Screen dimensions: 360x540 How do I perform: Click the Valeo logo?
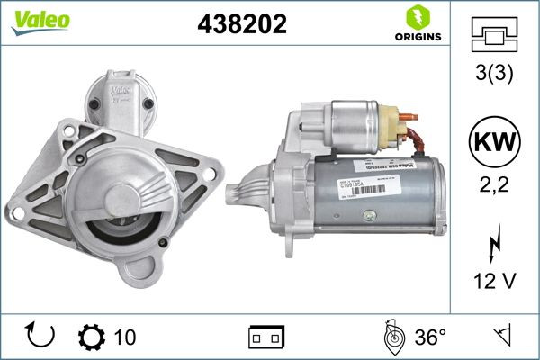pyautogui.click(x=32, y=19)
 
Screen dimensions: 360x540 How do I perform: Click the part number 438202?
pyautogui.click(x=241, y=26)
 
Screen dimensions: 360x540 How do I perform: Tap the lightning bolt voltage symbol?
pyautogui.click(x=494, y=244)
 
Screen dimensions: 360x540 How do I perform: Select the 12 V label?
pyautogui.click(x=494, y=282)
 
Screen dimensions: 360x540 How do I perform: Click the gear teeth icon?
pyautogui.click(x=92, y=337)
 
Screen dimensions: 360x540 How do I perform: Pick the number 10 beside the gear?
pyautogui.click(x=126, y=337)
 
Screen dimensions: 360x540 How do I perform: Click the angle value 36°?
pyautogui.click(x=430, y=337)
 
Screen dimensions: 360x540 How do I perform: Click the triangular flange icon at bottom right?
pyautogui.click(x=506, y=337)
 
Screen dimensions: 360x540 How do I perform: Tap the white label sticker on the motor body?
pyautogui.click(x=353, y=187)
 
